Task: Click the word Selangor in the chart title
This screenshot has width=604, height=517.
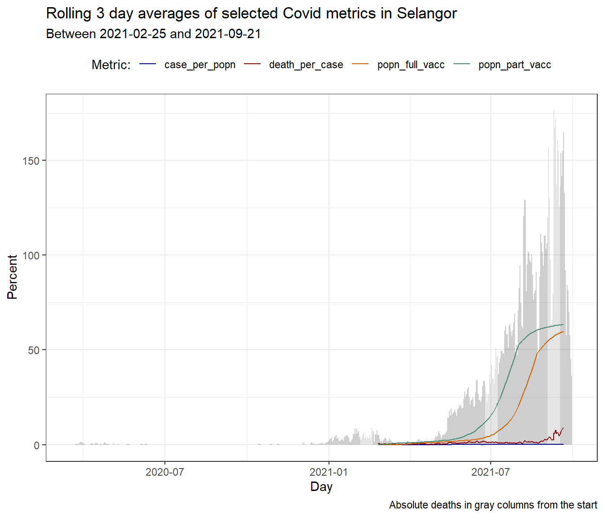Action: [x=426, y=13]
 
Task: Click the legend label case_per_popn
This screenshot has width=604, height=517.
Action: [x=200, y=65]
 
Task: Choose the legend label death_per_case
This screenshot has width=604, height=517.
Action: [x=306, y=65]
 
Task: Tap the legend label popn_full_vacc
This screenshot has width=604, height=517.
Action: [x=411, y=65]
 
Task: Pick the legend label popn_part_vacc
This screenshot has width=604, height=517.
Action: [x=515, y=65]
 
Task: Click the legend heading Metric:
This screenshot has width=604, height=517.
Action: [x=111, y=65]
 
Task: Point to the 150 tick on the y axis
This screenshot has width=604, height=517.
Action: [x=31, y=161]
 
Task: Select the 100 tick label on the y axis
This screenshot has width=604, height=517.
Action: [x=31, y=255]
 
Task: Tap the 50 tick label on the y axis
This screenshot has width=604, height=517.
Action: [x=34, y=351]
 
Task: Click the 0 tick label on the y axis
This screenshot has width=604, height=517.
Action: [x=37, y=445]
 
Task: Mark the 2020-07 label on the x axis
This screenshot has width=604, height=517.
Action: [x=165, y=472]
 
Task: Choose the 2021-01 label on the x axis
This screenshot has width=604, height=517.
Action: [x=329, y=472]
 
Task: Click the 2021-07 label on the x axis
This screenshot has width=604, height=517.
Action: [x=490, y=472]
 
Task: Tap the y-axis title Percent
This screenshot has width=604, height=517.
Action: [x=12, y=277]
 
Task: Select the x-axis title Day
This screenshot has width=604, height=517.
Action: [x=321, y=487]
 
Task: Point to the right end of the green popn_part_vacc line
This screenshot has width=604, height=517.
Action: [x=563, y=324]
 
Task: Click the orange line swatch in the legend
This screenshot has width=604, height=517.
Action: [x=360, y=65]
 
